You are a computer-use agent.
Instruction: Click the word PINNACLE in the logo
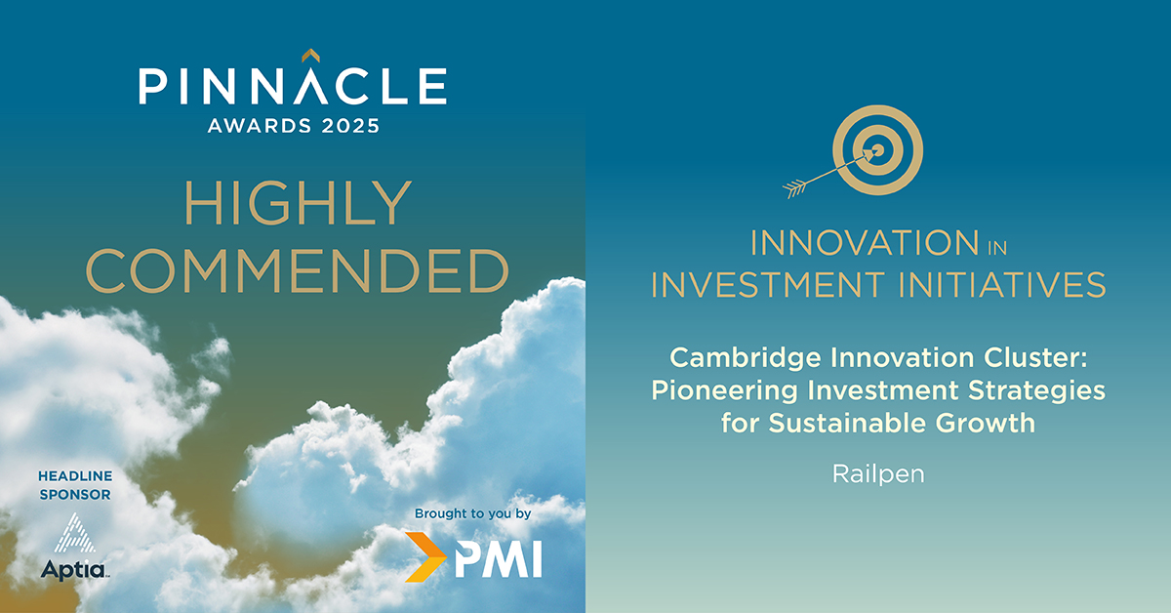[293, 85]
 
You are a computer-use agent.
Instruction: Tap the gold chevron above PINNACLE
[310, 55]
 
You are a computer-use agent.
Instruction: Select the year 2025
[350, 126]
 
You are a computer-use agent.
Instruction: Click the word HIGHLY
[298, 203]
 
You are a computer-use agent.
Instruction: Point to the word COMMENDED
[297, 270]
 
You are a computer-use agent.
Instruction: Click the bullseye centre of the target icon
[878, 150]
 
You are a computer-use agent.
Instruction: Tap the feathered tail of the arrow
[794, 188]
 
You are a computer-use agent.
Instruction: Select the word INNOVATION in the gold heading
[865, 243]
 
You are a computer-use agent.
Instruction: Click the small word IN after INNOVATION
[997, 248]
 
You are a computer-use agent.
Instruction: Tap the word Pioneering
[724, 391]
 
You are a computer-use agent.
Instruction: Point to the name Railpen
[878, 474]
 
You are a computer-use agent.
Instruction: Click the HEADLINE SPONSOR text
[75, 485]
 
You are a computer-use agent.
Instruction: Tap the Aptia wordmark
[75, 570]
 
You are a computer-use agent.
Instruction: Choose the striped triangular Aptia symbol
[75, 533]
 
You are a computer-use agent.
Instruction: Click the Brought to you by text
[472, 514]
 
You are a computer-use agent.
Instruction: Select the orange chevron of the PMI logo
[425, 557]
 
